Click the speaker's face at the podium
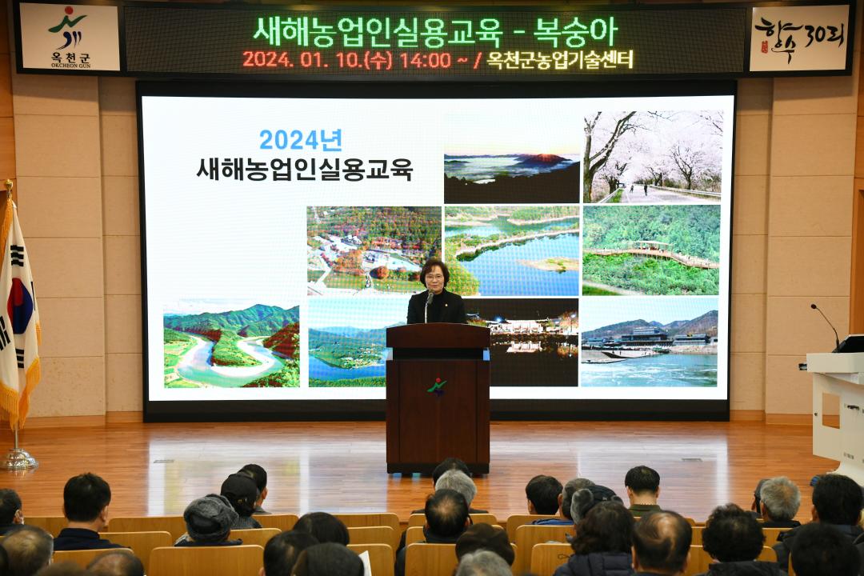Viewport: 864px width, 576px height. (x=434, y=278)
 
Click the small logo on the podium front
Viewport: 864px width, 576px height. (x=437, y=387)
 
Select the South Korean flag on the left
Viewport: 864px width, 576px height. (x=17, y=312)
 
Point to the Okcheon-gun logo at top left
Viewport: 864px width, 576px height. (x=69, y=36)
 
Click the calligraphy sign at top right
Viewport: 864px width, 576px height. (x=798, y=38)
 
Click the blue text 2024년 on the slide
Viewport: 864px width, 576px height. (x=300, y=140)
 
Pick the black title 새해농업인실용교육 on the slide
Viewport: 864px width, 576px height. (x=304, y=169)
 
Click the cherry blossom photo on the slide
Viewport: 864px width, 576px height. (x=652, y=156)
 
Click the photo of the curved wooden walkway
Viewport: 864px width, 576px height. (x=650, y=250)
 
